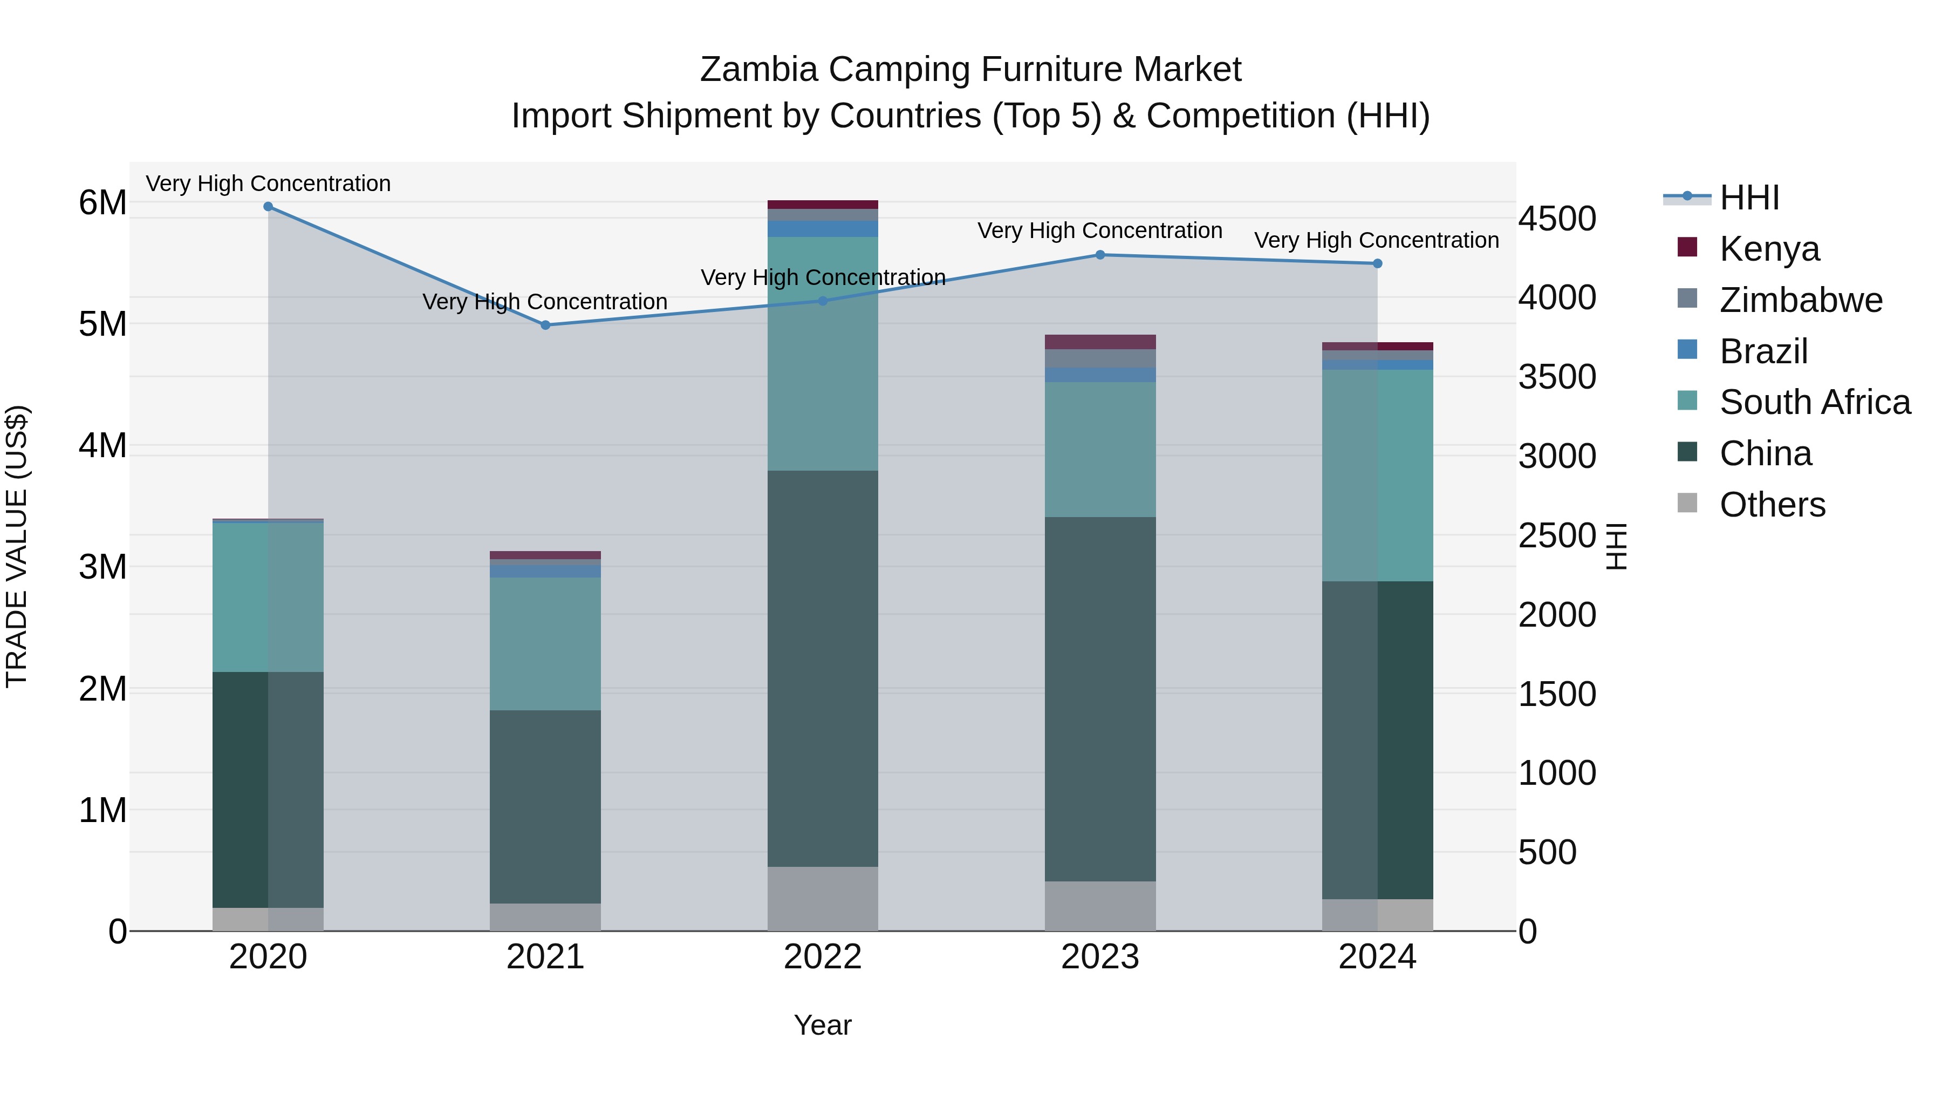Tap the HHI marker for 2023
click(x=1100, y=255)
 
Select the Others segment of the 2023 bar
click(x=1100, y=905)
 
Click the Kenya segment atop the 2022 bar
click(x=823, y=205)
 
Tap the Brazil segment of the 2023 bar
click(x=1100, y=375)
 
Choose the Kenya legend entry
click(x=1769, y=248)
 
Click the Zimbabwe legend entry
click(x=1800, y=300)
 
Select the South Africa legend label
click(x=1815, y=402)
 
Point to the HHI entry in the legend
click(x=1749, y=197)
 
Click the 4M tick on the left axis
click(x=102, y=445)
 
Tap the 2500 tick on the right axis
click(x=1556, y=535)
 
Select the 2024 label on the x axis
click(x=1377, y=957)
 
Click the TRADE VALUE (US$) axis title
click(x=17, y=546)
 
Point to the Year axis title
click(x=823, y=1025)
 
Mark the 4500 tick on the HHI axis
click(x=1556, y=219)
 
